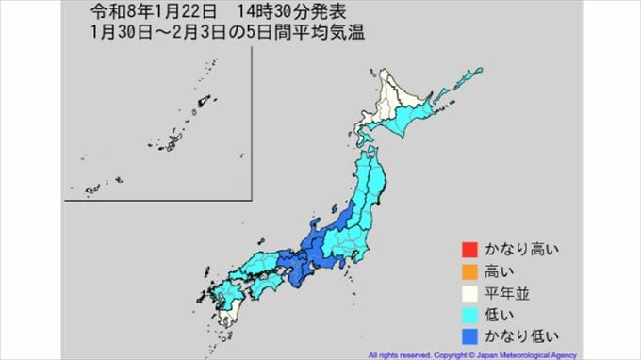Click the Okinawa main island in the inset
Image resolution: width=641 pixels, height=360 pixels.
174,141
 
